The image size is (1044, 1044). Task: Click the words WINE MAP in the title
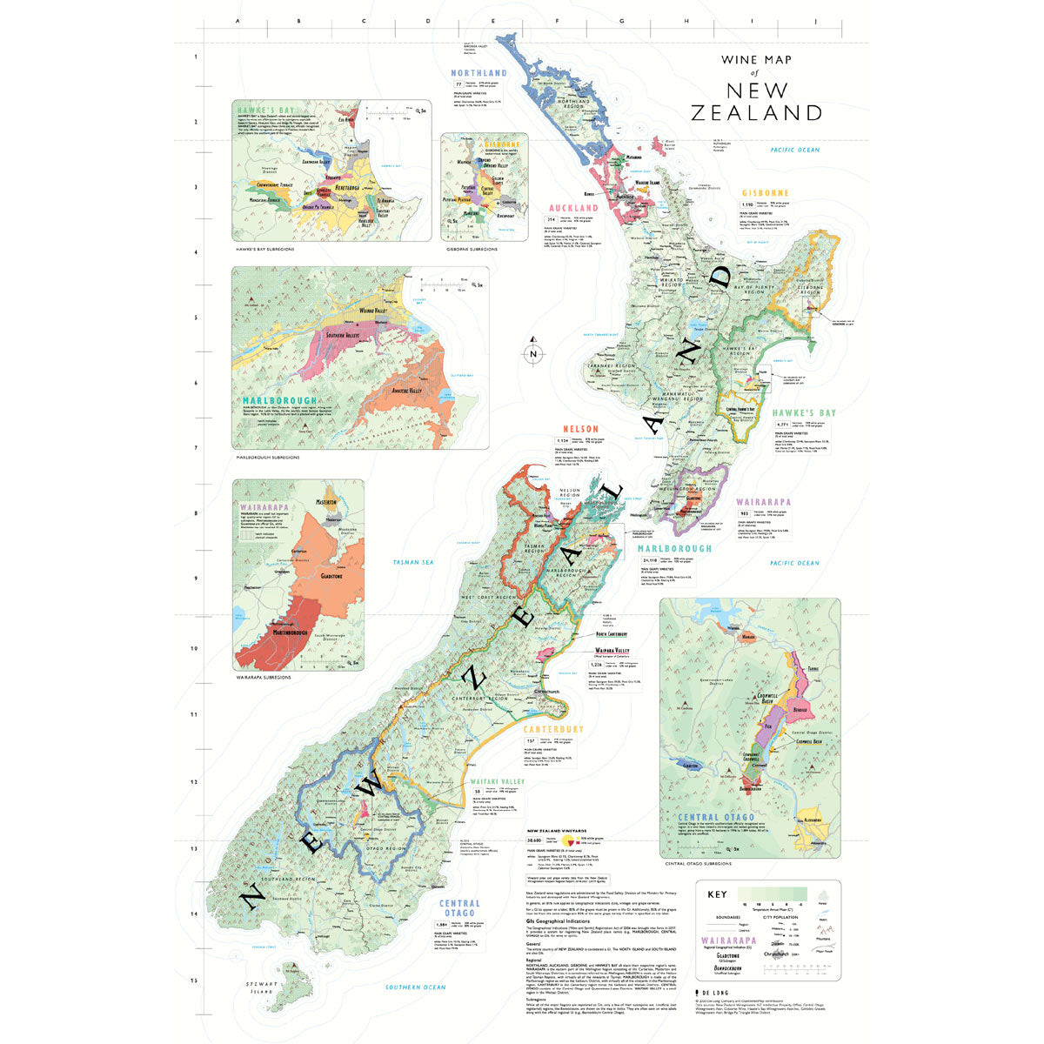tap(753, 61)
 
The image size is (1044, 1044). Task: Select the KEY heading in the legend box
tap(718, 894)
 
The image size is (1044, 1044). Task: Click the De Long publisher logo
tap(710, 991)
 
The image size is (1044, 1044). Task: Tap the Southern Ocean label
tap(416, 987)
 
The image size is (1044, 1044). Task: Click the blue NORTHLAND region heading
tap(478, 74)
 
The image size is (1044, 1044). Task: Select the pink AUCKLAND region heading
tap(573, 209)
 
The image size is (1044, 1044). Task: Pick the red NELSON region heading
tap(579, 430)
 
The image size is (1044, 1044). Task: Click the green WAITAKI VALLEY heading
tap(497, 782)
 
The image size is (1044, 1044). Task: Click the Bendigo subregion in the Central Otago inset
tap(801, 711)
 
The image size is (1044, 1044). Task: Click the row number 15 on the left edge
tap(194, 980)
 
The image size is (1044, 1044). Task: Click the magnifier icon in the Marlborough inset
tap(477, 284)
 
